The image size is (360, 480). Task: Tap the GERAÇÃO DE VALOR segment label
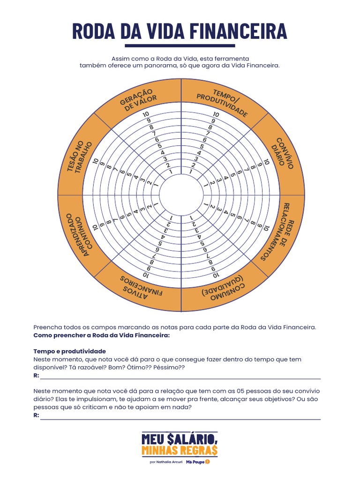[138, 99]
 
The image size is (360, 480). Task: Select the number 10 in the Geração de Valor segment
[147, 114]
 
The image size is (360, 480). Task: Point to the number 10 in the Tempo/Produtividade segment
[216, 114]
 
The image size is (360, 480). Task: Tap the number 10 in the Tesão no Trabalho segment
[96, 161]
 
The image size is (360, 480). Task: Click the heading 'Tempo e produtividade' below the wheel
[69, 351]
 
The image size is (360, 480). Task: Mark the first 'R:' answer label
[36, 376]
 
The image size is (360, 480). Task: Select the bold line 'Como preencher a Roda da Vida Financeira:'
[101, 336]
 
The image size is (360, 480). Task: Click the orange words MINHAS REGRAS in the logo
[180, 450]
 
